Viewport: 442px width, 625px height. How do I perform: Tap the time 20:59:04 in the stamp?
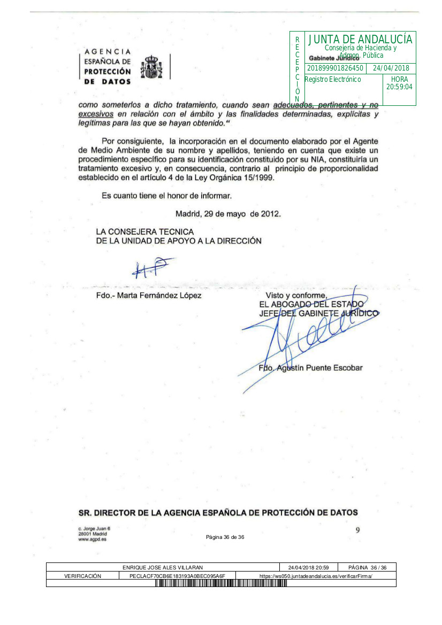(x=399, y=86)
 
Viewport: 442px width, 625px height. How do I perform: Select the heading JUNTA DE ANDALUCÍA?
(x=360, y=39)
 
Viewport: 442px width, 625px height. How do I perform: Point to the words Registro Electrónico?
(x=333, y=79)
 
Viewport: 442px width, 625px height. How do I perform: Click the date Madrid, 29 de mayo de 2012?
(x=228, y=213)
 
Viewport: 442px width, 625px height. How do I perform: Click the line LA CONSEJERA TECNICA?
(x=144, y=232)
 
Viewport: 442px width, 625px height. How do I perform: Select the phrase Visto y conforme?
(x=296, y=296)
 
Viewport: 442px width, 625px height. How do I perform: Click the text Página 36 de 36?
(x=225, y=537)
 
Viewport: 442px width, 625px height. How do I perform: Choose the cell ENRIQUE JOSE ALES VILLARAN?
(x=163, y=567)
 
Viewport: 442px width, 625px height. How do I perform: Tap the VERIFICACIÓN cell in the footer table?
(x=82, y=576)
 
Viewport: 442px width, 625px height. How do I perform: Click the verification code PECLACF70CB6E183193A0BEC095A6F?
(x=177, y=576)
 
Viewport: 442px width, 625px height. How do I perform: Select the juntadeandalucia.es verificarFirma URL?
(x=315, y=576)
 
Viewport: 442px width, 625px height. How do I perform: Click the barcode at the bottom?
(x=221, y=583)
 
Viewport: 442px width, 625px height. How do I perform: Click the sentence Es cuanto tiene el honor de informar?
(x=166, y=196)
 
